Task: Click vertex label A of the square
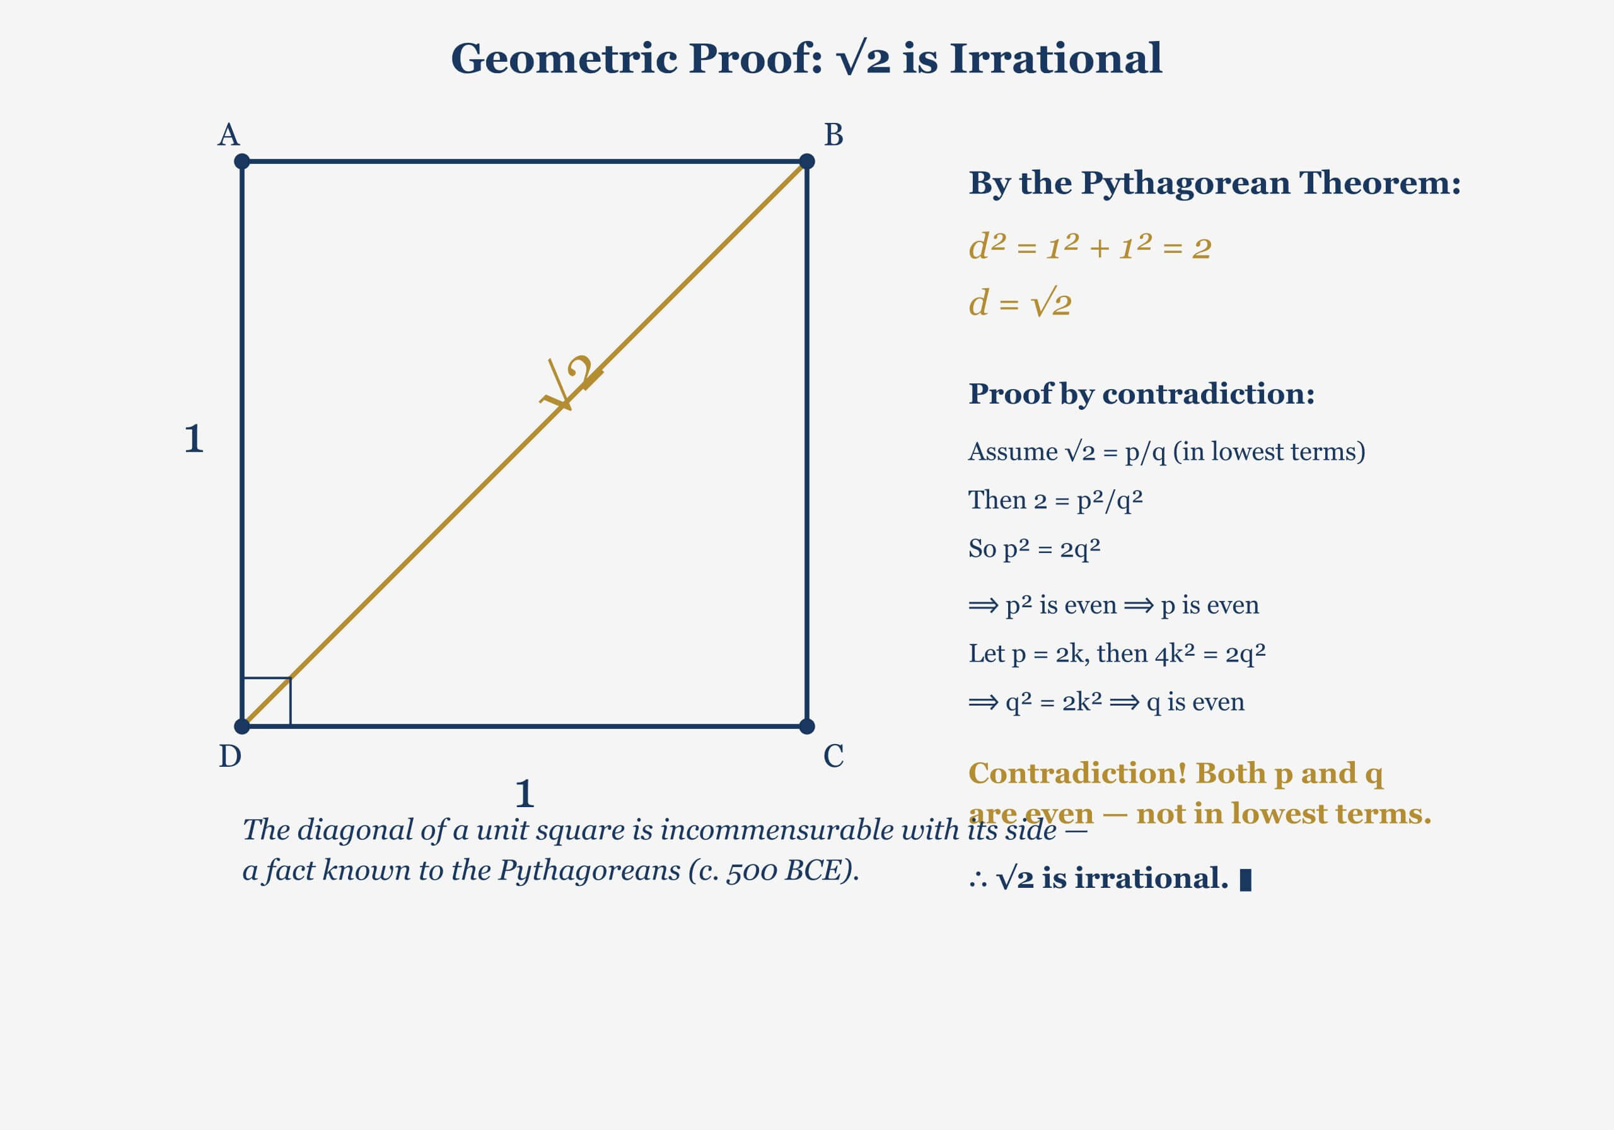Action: (228, 135)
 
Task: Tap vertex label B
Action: (833, 135)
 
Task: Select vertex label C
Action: (833, 757)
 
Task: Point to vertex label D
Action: (230, 757)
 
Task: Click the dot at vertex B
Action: (807, 161)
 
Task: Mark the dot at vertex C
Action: (807, 726)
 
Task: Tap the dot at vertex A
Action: (242, 161)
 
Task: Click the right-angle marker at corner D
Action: (267, 701)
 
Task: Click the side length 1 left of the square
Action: (194, 439)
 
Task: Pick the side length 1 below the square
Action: (525, 795)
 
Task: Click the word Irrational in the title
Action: (1056, 59)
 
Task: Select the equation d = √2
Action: (1019, 304)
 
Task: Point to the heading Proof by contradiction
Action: (1141, 393)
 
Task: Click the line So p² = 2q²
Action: (1034, 549)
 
